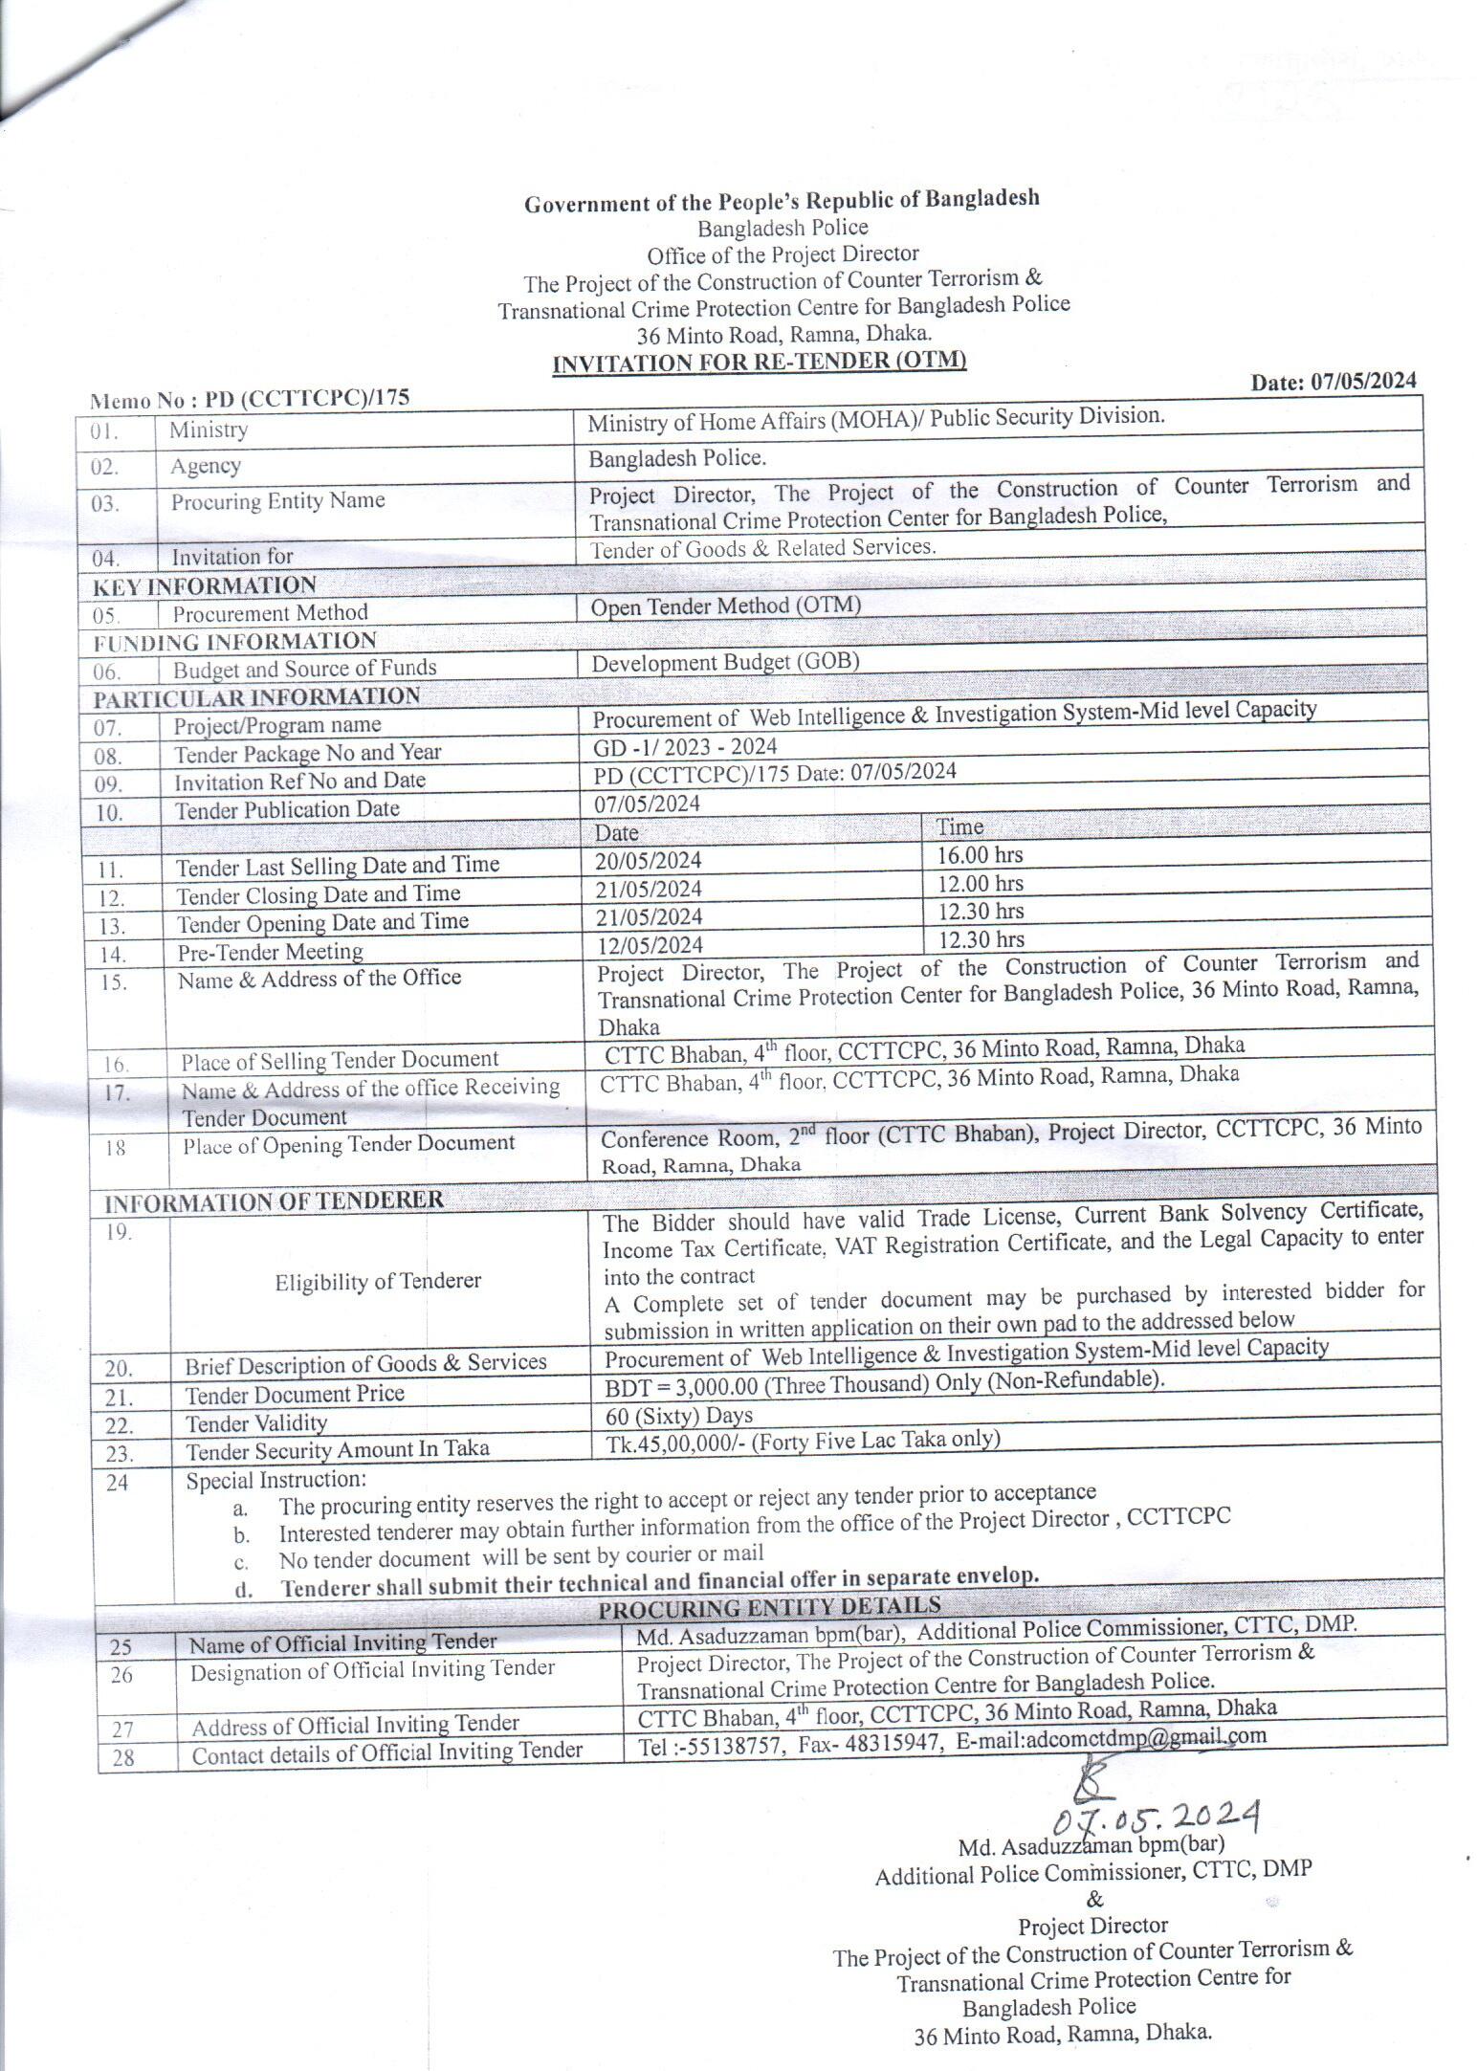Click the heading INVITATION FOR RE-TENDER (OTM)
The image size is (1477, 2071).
760,362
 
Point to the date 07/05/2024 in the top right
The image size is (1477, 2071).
1334,381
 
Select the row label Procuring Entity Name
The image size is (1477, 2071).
277,500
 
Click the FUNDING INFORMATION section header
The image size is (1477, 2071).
234,640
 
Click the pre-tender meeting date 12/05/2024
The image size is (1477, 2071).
649,944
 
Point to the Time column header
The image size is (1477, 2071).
959,826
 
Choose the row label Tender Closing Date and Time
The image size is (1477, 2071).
318,894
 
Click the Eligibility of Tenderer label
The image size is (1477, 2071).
378,1281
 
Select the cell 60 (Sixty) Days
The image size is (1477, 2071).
679,1415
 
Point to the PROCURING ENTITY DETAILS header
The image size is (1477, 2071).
769,1606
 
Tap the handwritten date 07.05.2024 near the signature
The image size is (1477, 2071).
1155,1813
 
